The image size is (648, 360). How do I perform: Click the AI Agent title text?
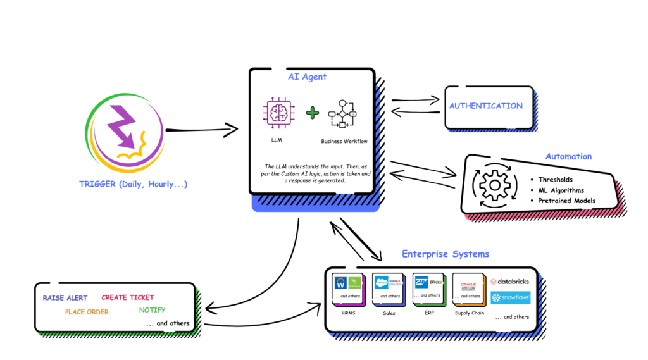click(x=308, y=77)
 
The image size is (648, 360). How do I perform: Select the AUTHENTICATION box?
click(x=486, y=106)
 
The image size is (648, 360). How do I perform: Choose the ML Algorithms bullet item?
click(x=561, y=190)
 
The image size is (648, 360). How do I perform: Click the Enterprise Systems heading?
click(x=445, y=254)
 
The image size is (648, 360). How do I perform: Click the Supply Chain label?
click(x=470, y=313)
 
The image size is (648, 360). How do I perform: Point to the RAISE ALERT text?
click(x=65, y=297)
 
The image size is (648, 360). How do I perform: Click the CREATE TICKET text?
click(x=128, y=297)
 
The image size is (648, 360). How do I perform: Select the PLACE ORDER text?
click(x=87, y=311)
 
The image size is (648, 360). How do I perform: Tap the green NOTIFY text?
click(x=152, y=310)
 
